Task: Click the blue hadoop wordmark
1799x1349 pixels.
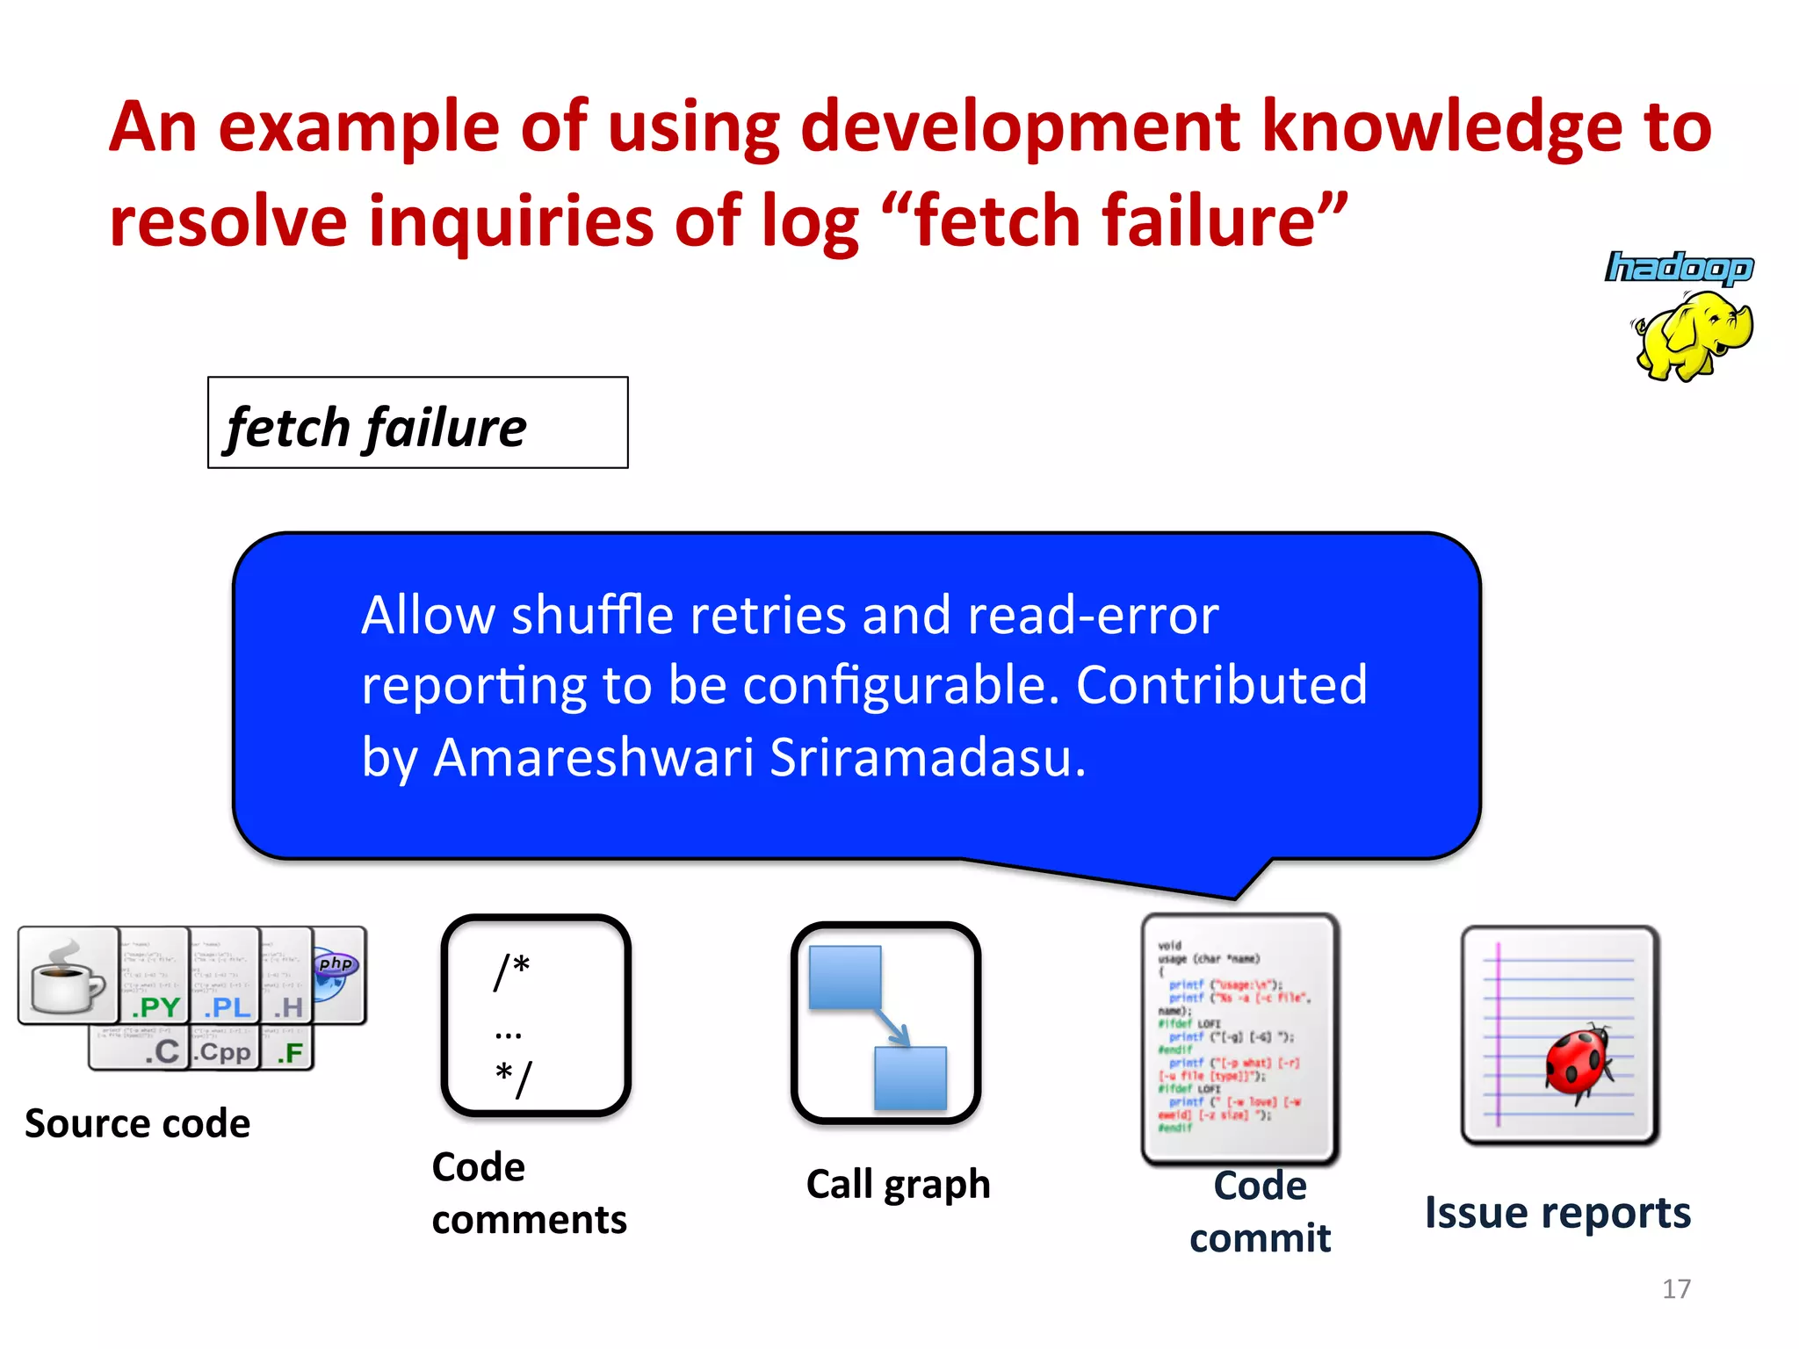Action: pyautogui.click(x=1680, y=268)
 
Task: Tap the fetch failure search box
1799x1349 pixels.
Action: pyautogui.click(x=418, y=423)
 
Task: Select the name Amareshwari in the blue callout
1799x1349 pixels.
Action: pyautogui.click(x=593, y=757)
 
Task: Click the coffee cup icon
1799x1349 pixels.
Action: pyautogui.click(x=69, y=977)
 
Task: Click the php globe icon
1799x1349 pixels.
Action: pyautogui.click(x=336, y=973)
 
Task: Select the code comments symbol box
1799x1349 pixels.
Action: pyautogui.click(x=535, y=1015)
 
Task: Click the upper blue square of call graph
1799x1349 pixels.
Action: pyautogui.click(x=844, y=977)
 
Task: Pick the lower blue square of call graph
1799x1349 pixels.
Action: pyautogui.click(x=911, y=1078)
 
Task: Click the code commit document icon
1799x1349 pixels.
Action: pyautogui.click(x=1239, y=1038)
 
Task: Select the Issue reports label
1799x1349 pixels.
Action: pyautogui.click(x=1557, y=1213)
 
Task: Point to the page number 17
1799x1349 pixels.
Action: pyautogui.click(x=1676, y=1288)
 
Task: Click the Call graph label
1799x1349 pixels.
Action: pyautogui.click(x=898, y=1185)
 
